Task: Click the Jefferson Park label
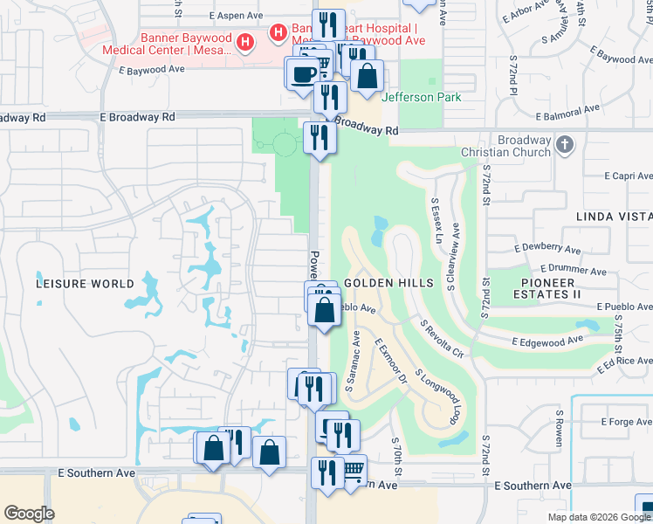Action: pyautogui.click(x=422, y=97)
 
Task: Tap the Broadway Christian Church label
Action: pyautogui.click(x=525, y=146)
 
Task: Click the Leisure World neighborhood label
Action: pyautogui.click(x=85, y=284)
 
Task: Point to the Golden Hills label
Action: pyautogui.click(x=388, y=284)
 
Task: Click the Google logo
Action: pyautogui.click(x=29, y=514)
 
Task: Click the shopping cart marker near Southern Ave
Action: pyautogui.click(x=352, y=470)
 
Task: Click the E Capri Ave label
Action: pyautogui.click(x=622, y=175)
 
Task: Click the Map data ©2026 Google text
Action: pyautogui.click(x=598, y=517)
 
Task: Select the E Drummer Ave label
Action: pyautogui.click(x=573, y=271)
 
